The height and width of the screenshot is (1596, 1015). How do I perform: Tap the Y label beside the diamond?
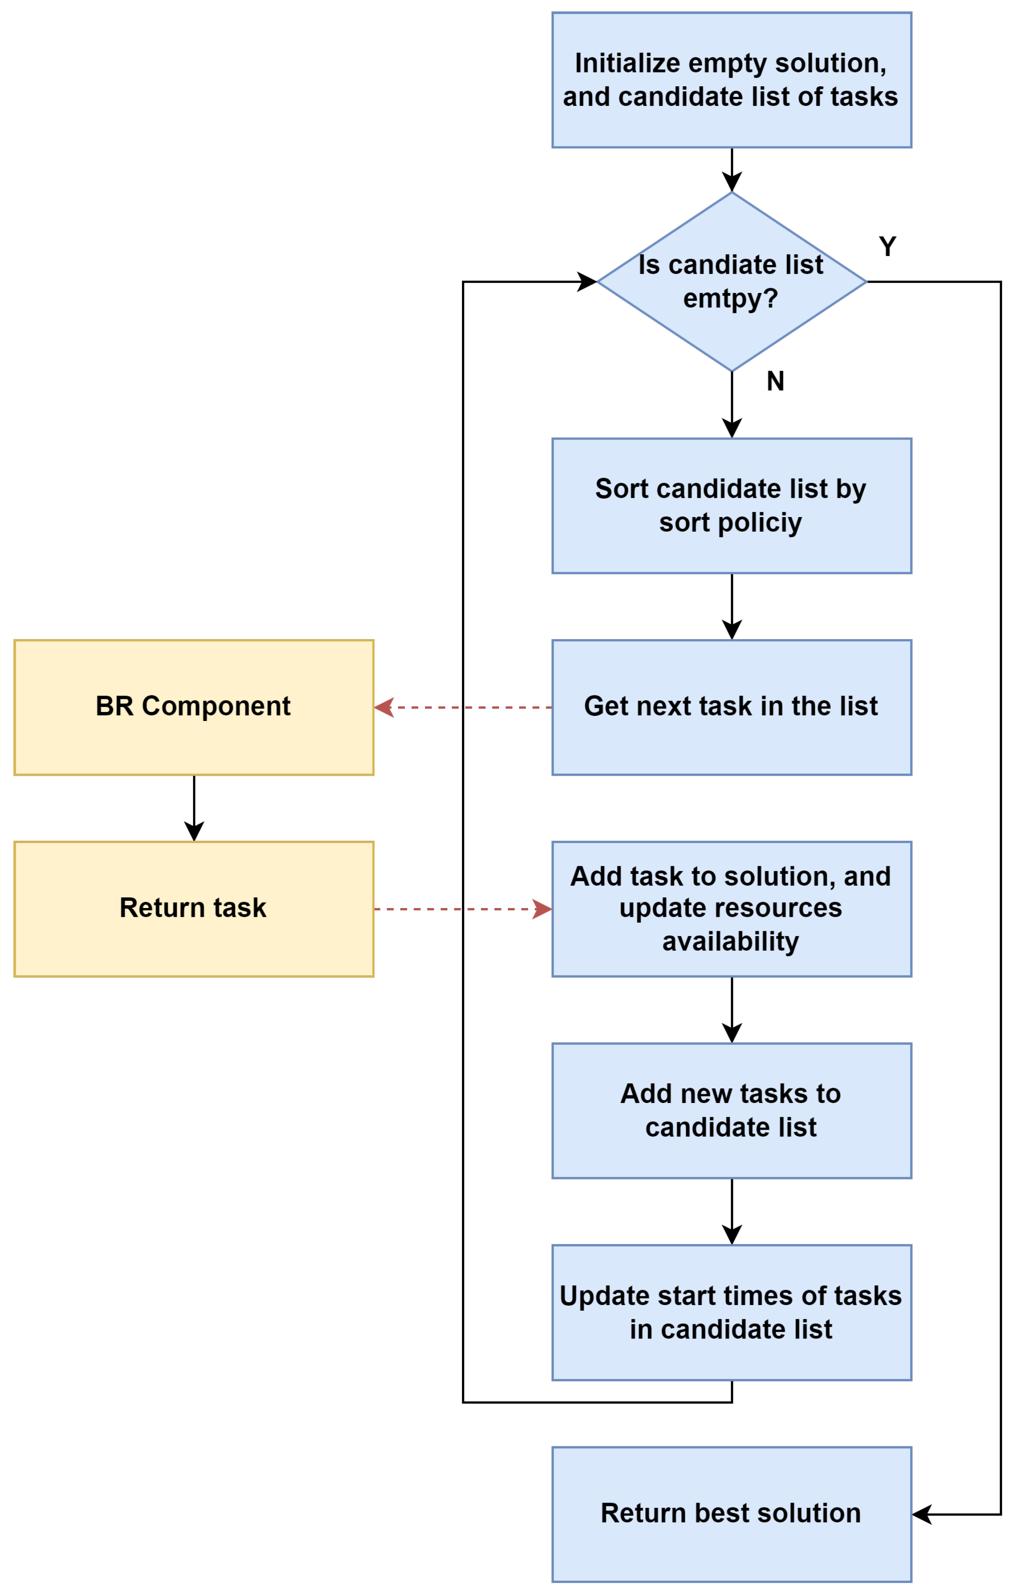click(887, 247)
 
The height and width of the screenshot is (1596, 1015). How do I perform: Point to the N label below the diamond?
click(775, 381)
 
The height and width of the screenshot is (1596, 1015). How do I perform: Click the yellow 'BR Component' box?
click(193, 707)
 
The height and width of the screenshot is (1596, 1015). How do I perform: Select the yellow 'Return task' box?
click(193, 909)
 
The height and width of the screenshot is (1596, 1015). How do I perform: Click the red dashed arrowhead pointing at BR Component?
click(384, 707)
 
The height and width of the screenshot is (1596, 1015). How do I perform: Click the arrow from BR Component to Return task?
click(193, 808)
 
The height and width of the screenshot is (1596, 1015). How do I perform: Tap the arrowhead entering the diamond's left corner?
click(587, 282)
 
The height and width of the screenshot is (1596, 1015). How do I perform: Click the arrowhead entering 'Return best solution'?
click(922, 1514)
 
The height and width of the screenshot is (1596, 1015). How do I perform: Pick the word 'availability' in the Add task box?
click(731, 941)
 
